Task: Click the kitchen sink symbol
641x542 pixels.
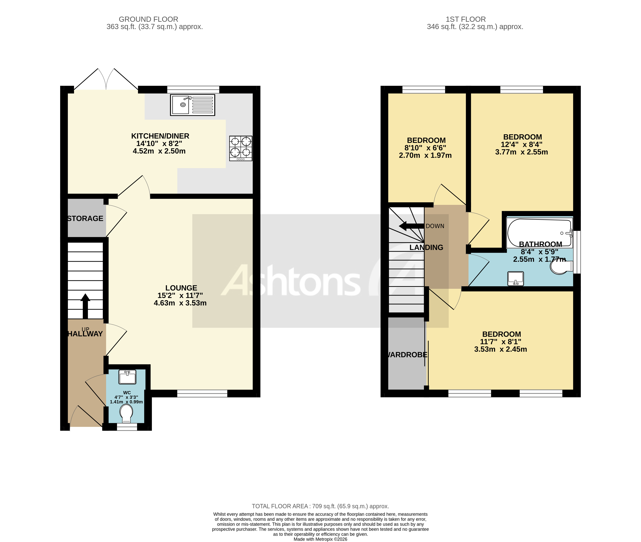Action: click(x=192, y=105)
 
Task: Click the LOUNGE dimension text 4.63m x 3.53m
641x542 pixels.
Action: click(x=180, y=303)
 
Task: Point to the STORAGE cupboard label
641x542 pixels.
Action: click(x=85, y=218)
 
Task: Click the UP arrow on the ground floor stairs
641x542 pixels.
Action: click(x=85, y=306)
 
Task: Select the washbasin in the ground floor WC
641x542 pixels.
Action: click(x=127, y=377)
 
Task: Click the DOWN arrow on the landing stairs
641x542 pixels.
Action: click(x=411, y=226)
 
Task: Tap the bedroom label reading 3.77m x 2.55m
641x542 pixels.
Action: click(x=521, y=152)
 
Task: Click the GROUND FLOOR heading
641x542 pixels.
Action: click(x=148, y=19)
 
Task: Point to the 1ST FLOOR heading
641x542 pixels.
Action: click(x=466, y=19)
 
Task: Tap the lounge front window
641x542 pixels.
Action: click(x=202, y=394)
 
